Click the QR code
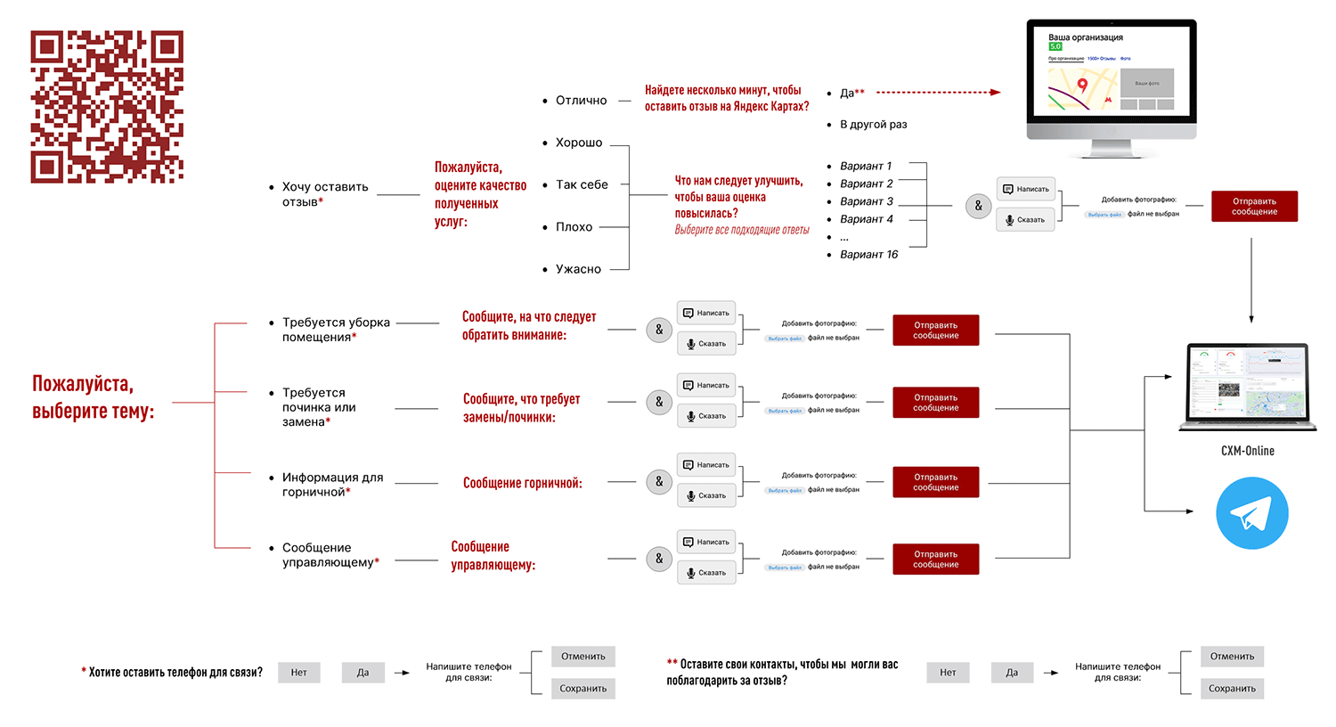[107, 107]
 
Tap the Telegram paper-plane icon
[1251, 513]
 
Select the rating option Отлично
[581, 101]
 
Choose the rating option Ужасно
[578, 269]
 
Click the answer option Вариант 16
[868, 255]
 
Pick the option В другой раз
[873, 125]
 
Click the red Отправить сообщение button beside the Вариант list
[1254, 207]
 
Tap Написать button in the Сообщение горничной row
[706, 465]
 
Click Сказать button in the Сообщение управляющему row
[706, 573]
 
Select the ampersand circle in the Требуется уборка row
[659, 330]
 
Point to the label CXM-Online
[1247, 451]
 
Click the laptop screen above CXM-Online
[1247, 383]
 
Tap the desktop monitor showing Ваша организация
[1111, 80]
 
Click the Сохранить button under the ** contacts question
[1232, 689]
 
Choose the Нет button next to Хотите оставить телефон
[298, 673]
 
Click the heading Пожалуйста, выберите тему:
[94, 397]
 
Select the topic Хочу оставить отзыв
[324, 194]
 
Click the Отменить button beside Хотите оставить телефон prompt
[582, 657]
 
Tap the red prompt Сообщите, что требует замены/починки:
[521, 408]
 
